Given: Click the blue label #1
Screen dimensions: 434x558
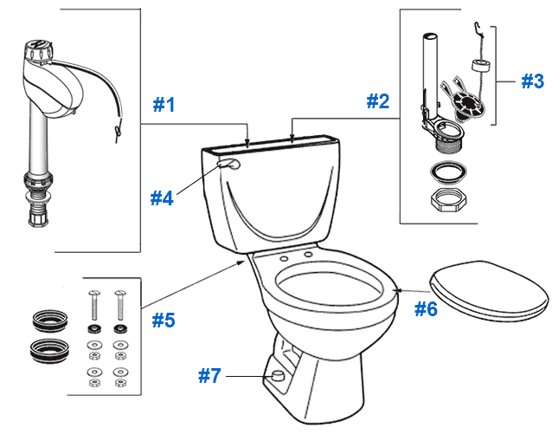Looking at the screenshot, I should tap(164, 105).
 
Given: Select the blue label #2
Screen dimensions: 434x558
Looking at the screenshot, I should tap(377, 101).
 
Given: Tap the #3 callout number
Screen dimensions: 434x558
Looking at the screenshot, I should tap(532, 81).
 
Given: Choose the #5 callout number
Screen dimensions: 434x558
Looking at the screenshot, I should tap(164, 320).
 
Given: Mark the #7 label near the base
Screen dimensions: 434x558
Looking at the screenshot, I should tap(209, 376).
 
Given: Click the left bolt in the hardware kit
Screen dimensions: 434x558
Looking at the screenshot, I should tap(93, 307).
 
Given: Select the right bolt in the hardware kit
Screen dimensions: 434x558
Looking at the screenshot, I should tap(119, 307).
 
